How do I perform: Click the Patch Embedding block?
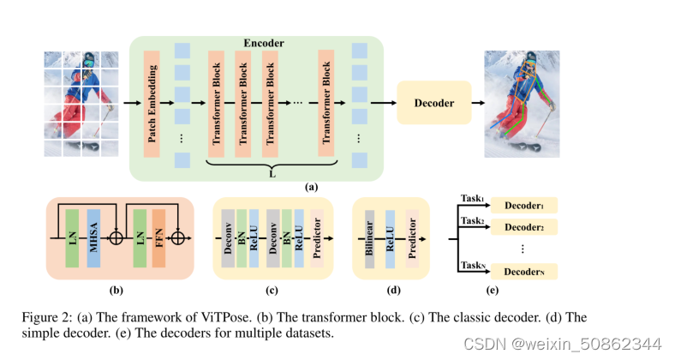coord(153,104)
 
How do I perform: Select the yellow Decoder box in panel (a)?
coord(434,103)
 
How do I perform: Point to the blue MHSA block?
coord(93,235)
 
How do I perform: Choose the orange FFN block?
coord(160,235)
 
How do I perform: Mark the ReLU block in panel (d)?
coord(390,236)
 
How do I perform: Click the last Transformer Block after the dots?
coord(326,104)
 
